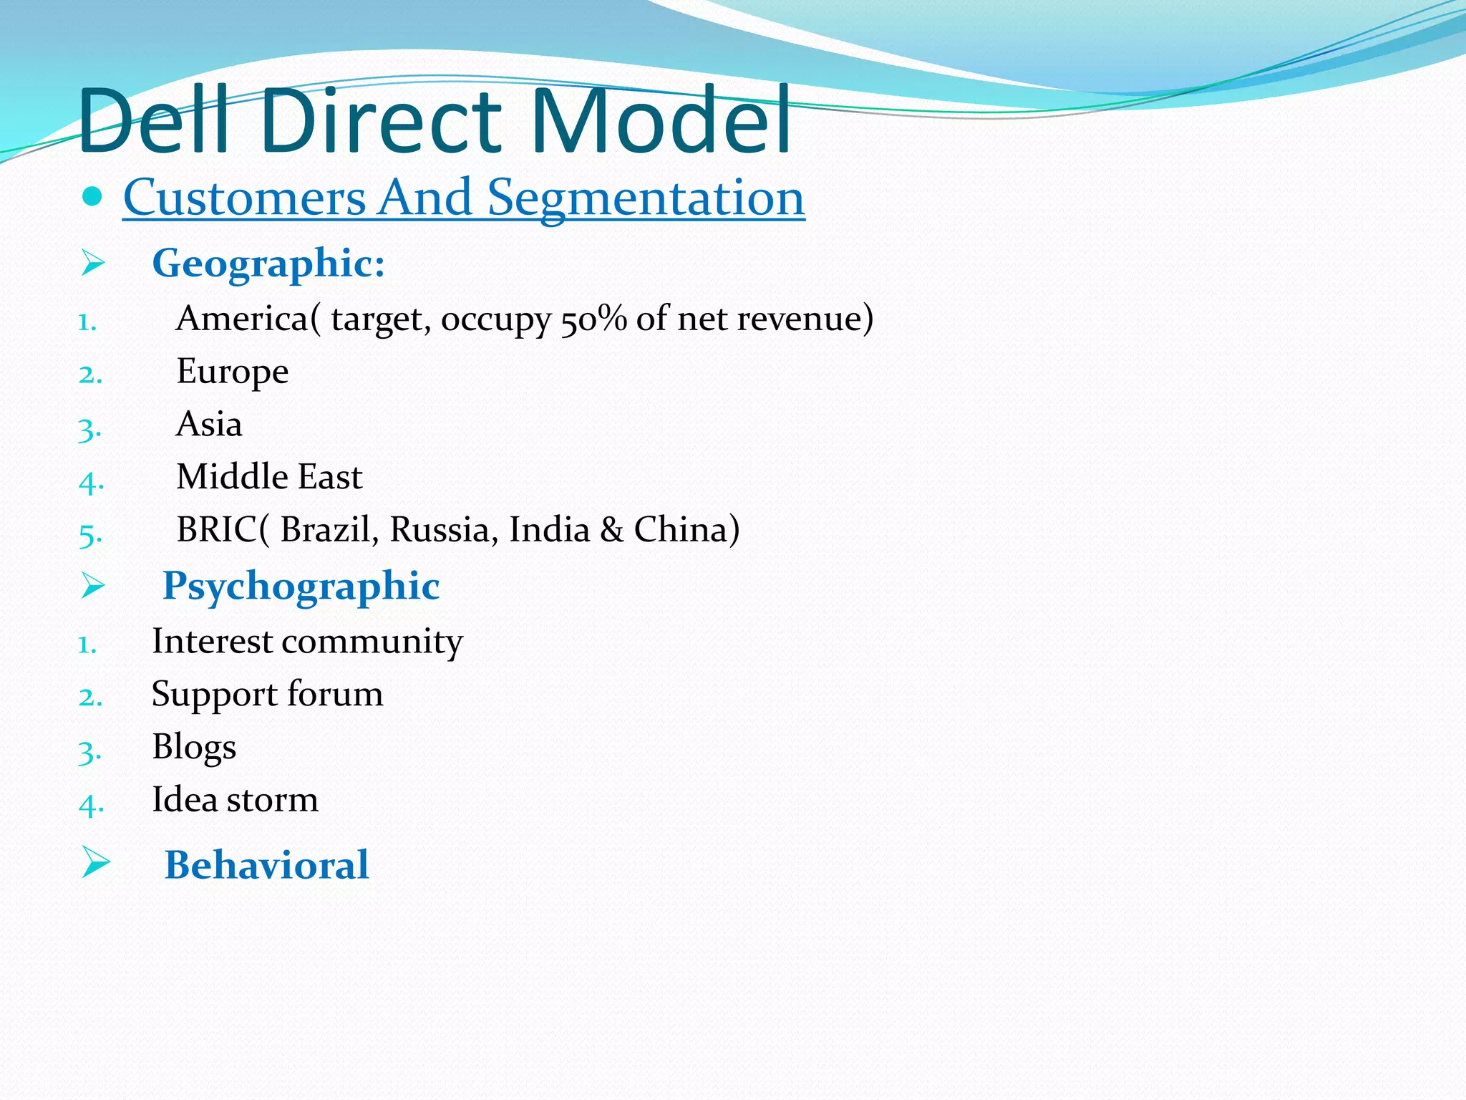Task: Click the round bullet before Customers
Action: pyautogui.click(x=92, y=196)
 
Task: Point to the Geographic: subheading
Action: pyautogui.click(x=268, y=264)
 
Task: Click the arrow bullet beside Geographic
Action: pyautogui.click(x=93, y=263)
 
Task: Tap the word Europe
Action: pyautogui.click(x=232, y=372)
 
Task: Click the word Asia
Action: pyautogui.click(x=208, y=424)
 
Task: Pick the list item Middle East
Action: pyautogui.click(x=269, y=477)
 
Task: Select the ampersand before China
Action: pyautogui.click(x=611, y=530)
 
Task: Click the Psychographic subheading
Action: pyautogui.click(x=301, y=587)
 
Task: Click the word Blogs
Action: pyautogui.click(x=193, y=748)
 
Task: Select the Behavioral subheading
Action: pyautogui.click(x=266, y=865)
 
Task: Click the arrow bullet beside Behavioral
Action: pyautogui.click(x=94, y=862)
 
